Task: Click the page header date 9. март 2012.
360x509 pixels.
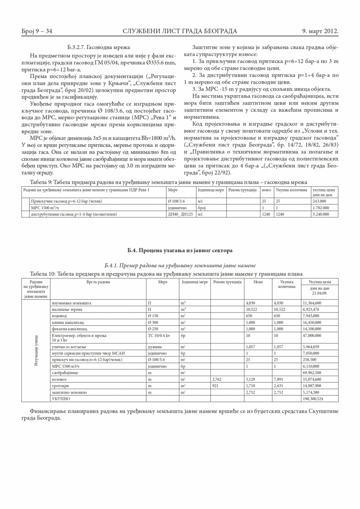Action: (x=320, y=31)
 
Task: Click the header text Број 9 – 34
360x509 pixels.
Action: (x=37, y=31)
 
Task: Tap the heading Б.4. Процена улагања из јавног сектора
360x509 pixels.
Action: (x=180, y=251)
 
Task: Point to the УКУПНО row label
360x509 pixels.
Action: (x=61, y=399)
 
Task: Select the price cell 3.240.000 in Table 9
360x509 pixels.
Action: (x=321, y=214)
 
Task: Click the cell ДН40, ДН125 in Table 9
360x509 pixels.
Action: (x=180, y=214)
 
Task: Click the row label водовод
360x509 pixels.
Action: (x=60, y=316)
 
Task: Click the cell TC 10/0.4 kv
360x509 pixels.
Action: (x=159, y=335)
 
